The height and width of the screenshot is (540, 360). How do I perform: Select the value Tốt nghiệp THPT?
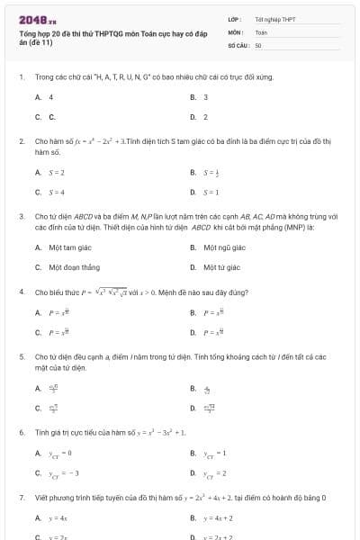tap(274, 19)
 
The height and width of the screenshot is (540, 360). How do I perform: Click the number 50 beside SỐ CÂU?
tap(258, 44)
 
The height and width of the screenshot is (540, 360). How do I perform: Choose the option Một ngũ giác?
tap(224, 247)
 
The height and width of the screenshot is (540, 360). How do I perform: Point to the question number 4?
tap(21, 292)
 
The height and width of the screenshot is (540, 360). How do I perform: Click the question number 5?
tap(21, 356)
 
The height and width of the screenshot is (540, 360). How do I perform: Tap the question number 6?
tap(21, 432)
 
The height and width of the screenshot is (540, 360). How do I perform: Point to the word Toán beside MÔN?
tap(261, 31)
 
